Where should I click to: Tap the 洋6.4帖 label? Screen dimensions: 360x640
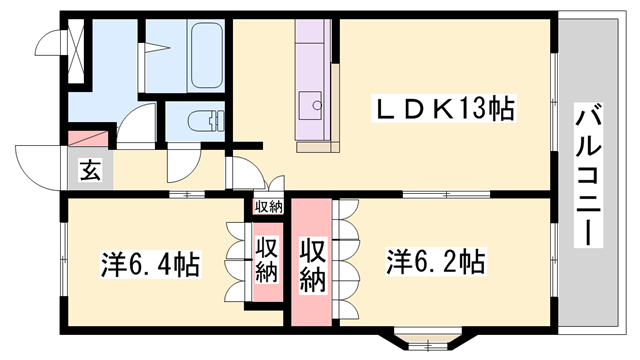tap(149, 265)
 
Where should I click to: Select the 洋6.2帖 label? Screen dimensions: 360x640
tap(436, 263)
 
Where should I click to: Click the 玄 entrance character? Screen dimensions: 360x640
tap(90, 171)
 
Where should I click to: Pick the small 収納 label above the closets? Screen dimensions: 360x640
tap(268, 207)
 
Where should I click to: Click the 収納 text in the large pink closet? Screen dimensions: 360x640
tap(312, 265)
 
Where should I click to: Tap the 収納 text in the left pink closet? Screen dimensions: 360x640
tap(266, 260)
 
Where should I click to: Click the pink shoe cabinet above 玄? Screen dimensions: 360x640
tap(88, 139)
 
